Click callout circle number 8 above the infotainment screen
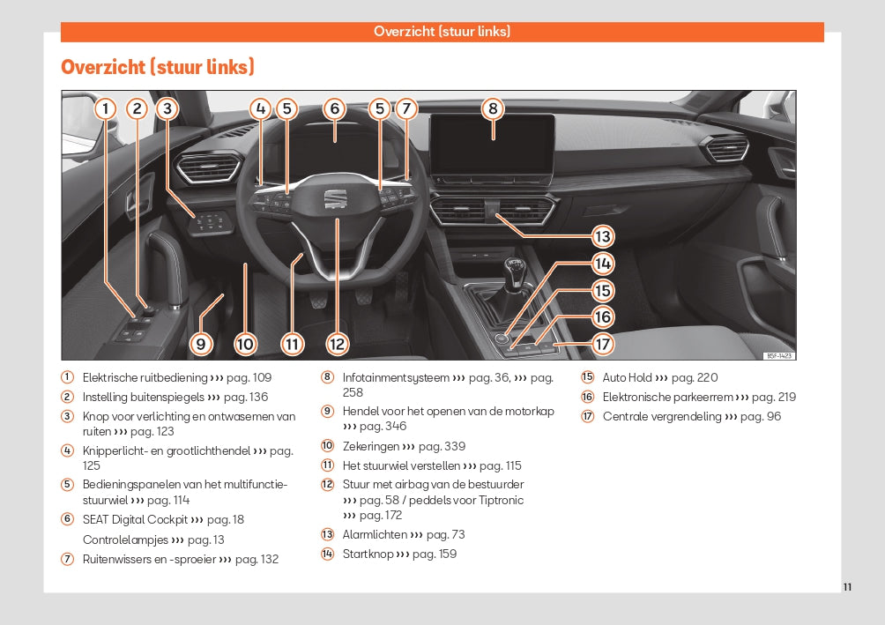pyautogui.click(x=493, y=108)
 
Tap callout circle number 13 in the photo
pyautogui.click(x=602, y=236)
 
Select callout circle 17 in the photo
pyautogui.click(x=602, y=344)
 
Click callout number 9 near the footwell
pyautogui.click(x=201, y=344)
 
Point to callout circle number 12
pyautogui.click(x=337, y=344)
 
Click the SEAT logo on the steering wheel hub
pyautogui.click(x=336, y=200)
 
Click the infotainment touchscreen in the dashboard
pyautogui.click(x=492, y=145)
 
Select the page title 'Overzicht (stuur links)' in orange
pyautogui.click(x=158, y=67)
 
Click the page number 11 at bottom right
pyautogui.click(x=847, y=587)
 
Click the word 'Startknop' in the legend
pyautogui.click(x=368, y=554)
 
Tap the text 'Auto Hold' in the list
pyautogui.click(x=627, y=377)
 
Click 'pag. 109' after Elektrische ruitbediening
pyautogui.click(x=249, y=377)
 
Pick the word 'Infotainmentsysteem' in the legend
pyautogui.click(x=395, y=377)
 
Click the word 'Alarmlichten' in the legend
pyautogui.click(x=375, y=534)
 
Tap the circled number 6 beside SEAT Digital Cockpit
pyautogui.click(x=67, y=519)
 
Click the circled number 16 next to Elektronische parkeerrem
pyautogui.click(x=587, y=397)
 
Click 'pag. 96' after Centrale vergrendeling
pyautogui.click(x=761, y=416)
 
